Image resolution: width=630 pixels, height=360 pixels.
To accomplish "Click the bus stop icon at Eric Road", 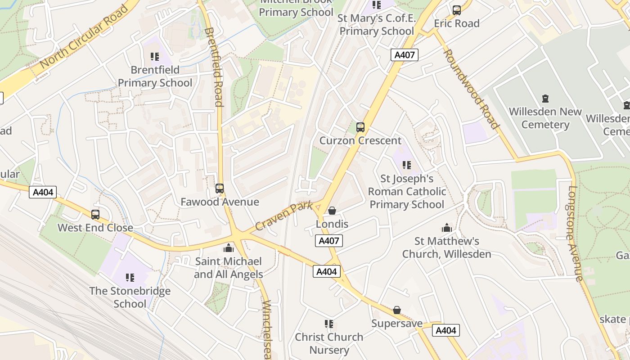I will tap(457, 10).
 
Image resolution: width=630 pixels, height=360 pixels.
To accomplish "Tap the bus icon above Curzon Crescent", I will tap(360, 127).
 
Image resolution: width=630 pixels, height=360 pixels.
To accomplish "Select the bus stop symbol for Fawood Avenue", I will tap(220, 189).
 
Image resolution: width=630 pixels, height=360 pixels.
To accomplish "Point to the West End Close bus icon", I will tap(95, 215).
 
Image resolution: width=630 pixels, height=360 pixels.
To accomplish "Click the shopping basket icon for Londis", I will tap(332, 211).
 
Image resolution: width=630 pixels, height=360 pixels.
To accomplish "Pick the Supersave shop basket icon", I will tap(397, 310).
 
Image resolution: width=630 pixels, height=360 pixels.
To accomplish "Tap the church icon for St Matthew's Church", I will tap(446, 228).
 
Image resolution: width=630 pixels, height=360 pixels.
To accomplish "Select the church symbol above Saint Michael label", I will tap(229, 248).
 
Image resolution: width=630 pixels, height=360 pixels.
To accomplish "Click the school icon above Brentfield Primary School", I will tap(155, 57).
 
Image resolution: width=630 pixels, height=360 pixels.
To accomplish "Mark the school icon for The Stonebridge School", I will tap(130, 278).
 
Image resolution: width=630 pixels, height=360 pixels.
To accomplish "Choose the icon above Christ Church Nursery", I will tap(329, 324).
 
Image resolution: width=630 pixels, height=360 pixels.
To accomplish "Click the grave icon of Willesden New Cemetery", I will tap(545, 98).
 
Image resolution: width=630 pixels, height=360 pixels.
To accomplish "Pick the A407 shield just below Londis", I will tap(329, 241).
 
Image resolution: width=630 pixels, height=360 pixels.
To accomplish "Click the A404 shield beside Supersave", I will tap(446, 330).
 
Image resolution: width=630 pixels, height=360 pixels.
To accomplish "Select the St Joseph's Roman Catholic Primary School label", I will tap(407, 192).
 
